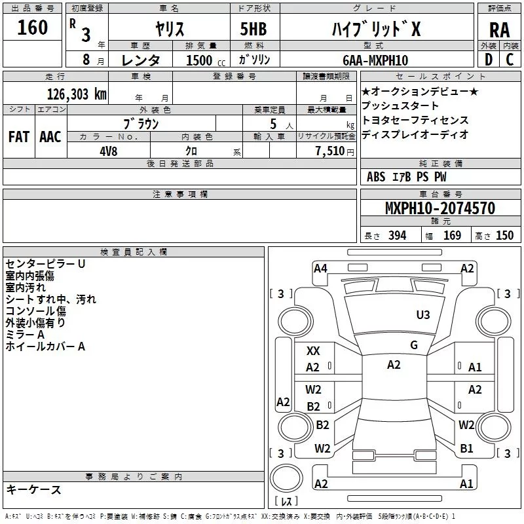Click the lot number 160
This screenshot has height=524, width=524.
point(33,28)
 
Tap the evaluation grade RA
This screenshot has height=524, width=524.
point(499,30)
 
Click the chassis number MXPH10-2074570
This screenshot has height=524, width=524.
point(440,209)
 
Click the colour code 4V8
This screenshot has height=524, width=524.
point(108,151)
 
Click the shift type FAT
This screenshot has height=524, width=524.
point(19,137)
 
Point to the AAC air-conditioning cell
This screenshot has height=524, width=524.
point(50,137)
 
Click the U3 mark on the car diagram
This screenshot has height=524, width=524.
point(423,315)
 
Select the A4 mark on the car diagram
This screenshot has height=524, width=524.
point(320,268)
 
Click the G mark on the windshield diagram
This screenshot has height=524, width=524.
point(414,345)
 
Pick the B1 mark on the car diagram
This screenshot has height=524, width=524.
point(466,449)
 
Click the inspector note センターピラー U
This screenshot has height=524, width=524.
point(45,263)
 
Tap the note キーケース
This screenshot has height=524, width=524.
point(33,490)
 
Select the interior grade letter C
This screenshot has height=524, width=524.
point(510,60)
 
